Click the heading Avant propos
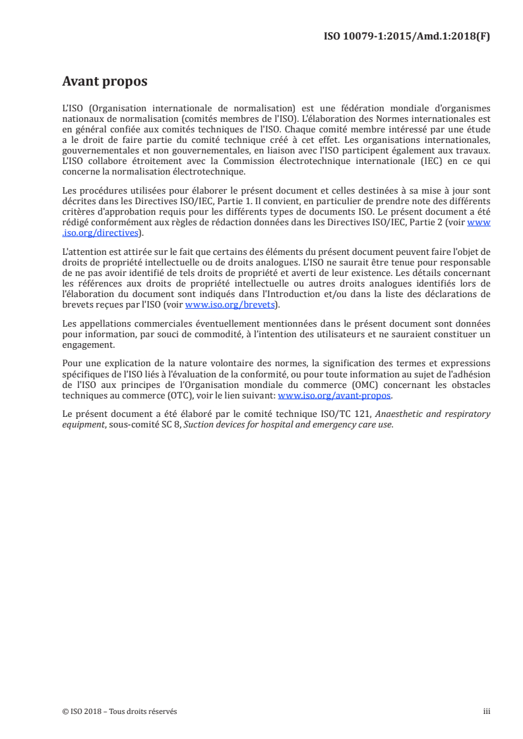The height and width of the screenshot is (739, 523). (x=104, y=82)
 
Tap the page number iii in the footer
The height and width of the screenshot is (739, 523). (x=487, y=711)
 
